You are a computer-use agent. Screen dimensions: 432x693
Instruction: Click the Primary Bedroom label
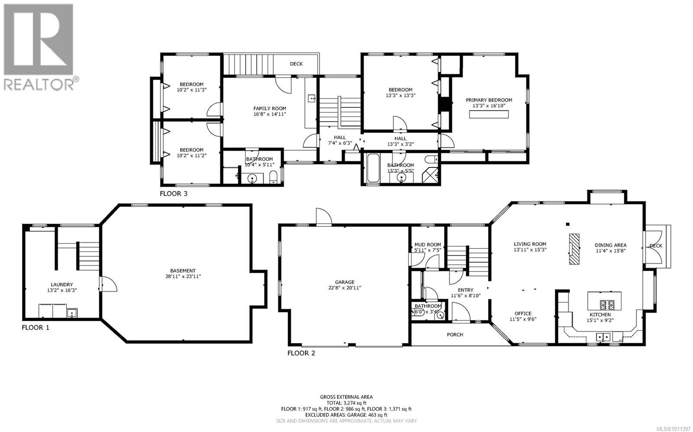coord(489,100)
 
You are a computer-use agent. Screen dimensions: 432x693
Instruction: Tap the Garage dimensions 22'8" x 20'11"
coord(344,287)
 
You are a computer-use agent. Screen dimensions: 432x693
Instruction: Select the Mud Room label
coord(427,245)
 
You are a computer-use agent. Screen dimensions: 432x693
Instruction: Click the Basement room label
coord(183,271)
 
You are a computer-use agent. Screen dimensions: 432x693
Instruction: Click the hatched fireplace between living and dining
coord(574,249)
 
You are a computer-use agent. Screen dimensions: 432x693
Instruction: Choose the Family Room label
coord(269,109)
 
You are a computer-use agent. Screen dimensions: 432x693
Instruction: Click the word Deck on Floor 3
coord(296,64)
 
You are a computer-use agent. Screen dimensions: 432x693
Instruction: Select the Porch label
coord(455,335)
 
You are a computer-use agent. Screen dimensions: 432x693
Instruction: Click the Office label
coord(523,313)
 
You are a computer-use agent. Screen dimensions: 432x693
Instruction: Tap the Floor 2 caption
coord(301,353)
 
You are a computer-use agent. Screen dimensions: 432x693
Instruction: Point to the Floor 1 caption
coord(36,328)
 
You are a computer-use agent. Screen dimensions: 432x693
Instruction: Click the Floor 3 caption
coord(174,193)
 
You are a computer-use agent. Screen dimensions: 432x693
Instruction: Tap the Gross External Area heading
coord(346,397)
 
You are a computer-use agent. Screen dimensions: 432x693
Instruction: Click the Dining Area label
coord(610,245)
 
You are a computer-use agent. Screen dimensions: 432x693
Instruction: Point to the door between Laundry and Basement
coord(107,286)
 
